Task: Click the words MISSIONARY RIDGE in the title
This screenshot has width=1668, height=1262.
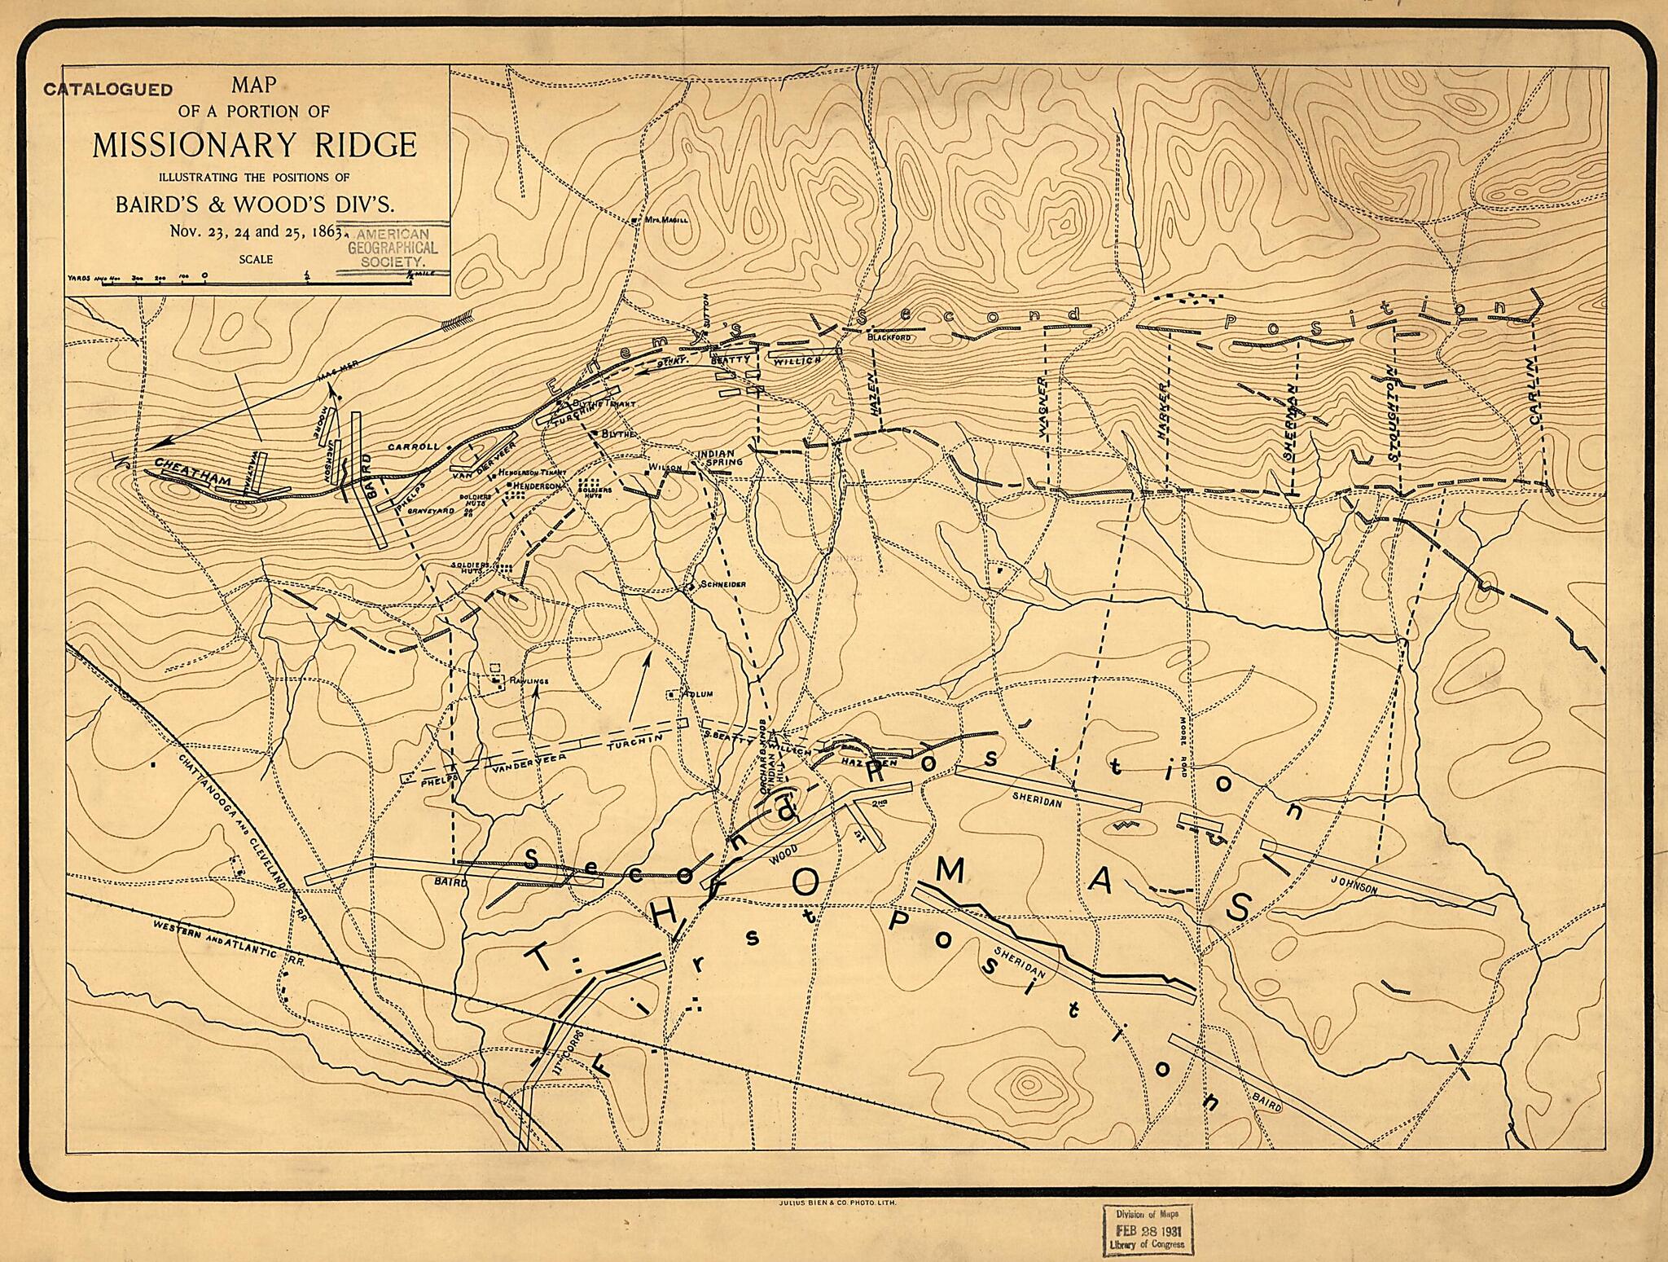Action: pos(254,145)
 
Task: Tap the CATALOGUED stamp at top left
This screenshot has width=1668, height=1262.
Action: pos(108,90)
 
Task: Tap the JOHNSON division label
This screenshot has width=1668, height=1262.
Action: pos(1354,885)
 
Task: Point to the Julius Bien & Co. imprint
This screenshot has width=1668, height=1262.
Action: pos(832,1201)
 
